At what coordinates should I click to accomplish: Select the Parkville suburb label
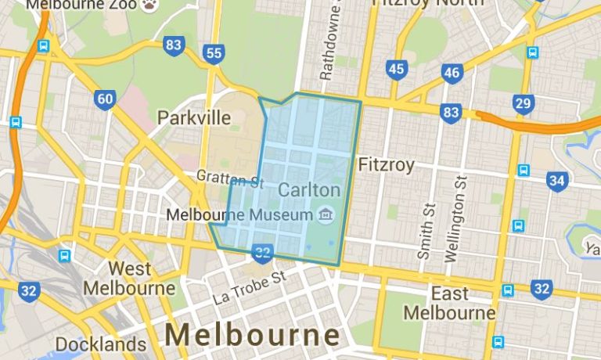[194, 118]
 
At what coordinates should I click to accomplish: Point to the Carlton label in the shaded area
[309, 190]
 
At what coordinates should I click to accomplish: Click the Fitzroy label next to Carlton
[386, 165]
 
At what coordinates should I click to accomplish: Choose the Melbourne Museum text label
[240, 214]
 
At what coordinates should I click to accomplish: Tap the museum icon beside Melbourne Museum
[325, 213]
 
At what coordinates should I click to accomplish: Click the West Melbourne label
[129, 279]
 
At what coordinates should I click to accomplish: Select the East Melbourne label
[449, 304]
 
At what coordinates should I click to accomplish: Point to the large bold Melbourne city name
[253, 335]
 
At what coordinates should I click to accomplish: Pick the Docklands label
[101, 344]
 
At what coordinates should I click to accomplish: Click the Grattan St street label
[230, 179]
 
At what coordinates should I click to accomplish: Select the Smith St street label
[427, 232]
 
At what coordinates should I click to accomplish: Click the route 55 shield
[213, 54]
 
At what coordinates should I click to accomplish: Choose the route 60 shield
[104, 99]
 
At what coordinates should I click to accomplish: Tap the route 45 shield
[396, 70]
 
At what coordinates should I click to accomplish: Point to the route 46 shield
[452, 74]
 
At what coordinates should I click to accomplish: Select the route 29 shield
[524, 103]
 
